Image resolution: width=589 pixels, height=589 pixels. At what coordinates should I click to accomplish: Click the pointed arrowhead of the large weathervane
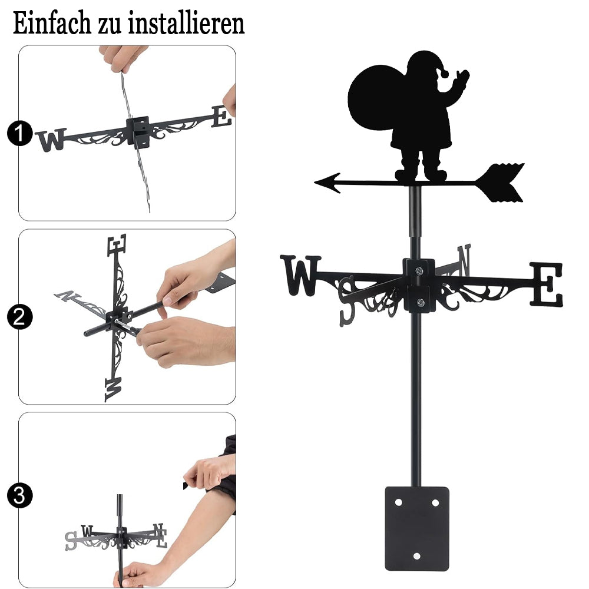pyautogui.click(x=327, y=183)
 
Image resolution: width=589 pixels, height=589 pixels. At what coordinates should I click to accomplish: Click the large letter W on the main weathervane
pyautogui.click(x=300, y=275)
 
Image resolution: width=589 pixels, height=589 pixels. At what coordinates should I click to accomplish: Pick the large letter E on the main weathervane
pyautogui.click(x=547, y=284)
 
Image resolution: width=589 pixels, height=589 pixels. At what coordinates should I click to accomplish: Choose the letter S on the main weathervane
pyautogui.click(x=346, y=300)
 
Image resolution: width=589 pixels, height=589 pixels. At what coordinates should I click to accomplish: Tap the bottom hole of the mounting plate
pyautogui.click(x=416, y=556)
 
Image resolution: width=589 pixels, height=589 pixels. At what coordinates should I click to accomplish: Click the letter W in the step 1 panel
pyautogui.click(x=51, y=140)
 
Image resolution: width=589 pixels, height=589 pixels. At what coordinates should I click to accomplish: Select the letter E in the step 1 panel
pyautogui.click(x=221, y=117)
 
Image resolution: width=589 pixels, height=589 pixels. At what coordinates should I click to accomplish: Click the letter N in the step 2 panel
pyautogui.click(x=67, y=296)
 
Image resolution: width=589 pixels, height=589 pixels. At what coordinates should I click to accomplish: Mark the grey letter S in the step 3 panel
pyautogui.click(x=71, y=541)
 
